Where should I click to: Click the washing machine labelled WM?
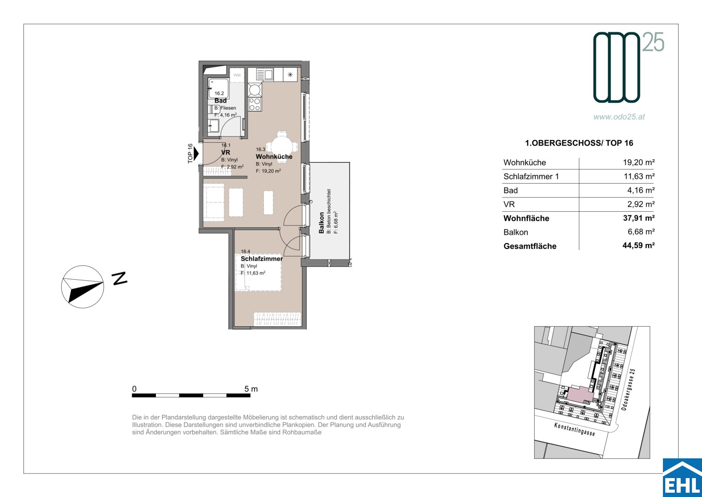coord(237,75)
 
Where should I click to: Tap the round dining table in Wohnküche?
coord(282,146)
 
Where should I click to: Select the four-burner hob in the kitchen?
coord(255,104)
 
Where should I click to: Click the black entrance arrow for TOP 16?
coord(196,154)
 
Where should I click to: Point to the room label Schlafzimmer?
coord(262,259)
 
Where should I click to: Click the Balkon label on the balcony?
coord(321,223)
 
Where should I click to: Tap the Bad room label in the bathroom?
coord(220,101)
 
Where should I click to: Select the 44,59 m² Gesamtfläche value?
coord(639,245)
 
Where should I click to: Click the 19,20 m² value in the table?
coord(639,162)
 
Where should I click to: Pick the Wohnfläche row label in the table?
coord(526,219)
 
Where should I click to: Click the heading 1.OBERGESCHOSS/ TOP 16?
coord(579,143)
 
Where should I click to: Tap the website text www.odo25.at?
coord(619,117)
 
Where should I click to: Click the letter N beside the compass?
coord(120,278)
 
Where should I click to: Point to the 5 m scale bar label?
coord(251,389)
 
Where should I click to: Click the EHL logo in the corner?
coord(682,478)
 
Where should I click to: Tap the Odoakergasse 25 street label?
coord(628,389)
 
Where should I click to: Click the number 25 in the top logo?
coord(653,42)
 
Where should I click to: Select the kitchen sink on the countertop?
coord(264,75)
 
